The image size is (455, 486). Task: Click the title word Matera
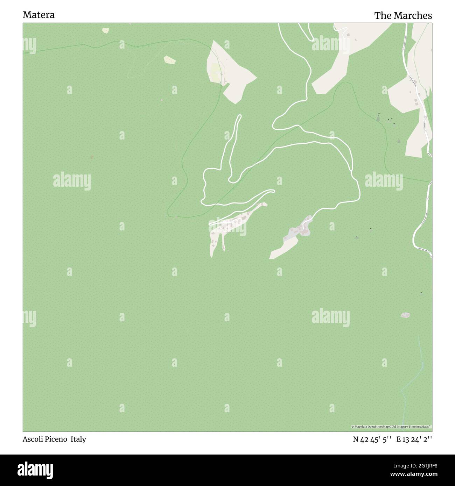click(38, 15)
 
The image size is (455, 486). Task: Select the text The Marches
click(403, 16)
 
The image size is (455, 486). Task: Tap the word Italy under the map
click(78, 439)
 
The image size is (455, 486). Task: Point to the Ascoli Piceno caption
click(45, 439)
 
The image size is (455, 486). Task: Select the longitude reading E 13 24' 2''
click(414, 439)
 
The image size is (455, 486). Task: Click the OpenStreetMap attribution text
click(391, 427)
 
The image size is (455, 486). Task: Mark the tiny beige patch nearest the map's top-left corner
click(105, 30)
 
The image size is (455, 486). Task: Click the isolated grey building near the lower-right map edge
click(405, 315)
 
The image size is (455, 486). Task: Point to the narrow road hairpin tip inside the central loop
click(239, 116)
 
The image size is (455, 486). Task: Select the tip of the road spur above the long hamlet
click(273, 191)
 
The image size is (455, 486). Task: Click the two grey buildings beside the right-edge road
click(415, 102)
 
